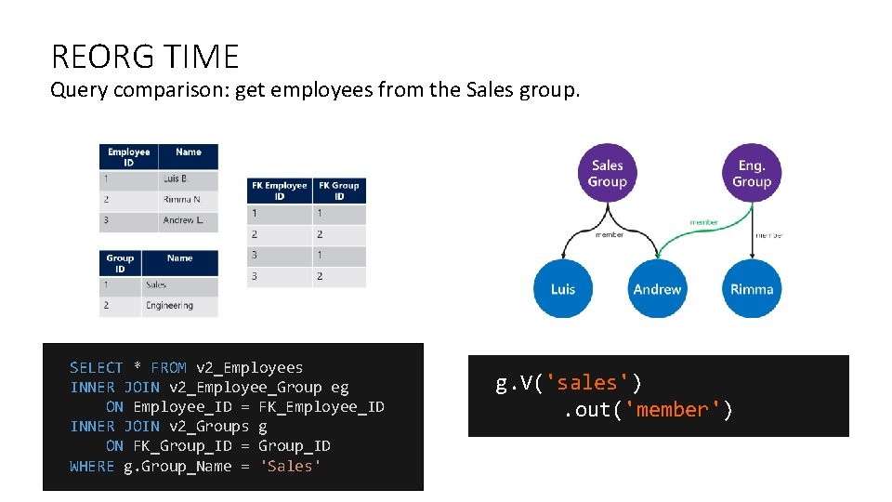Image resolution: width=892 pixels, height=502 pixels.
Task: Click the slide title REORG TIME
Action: click(x=145, y=57)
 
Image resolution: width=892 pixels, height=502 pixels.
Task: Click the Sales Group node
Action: click(x=607, y=174)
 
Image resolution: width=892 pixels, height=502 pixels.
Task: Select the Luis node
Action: click(x=562, y=289)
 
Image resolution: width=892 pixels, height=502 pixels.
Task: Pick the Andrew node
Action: click(x=657, y=289)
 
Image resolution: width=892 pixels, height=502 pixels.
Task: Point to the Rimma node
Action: click(x=751, y=289)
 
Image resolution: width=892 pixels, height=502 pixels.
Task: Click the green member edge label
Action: click(x=703, y=222)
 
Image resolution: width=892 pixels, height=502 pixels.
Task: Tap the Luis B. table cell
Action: click(x=176, y=178)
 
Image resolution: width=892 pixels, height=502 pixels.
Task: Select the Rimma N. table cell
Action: click(x=182, y=199)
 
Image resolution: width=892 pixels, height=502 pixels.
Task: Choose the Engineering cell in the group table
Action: click(x=169, y=305)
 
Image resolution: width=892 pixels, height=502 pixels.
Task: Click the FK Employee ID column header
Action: click(x=280, y=191)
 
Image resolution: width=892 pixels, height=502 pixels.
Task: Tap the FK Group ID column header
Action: click(x=339, y=191)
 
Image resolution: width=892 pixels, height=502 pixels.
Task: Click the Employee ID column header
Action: click(x=128, y=156)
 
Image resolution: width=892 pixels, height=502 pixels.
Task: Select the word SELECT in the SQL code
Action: click(x=96, y=368)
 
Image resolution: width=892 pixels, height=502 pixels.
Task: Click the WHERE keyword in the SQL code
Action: click(x=92, y=466)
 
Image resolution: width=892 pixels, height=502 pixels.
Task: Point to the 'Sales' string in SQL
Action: click(x=290, y=466)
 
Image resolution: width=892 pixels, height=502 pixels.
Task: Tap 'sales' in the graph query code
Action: click(x=591, y=383)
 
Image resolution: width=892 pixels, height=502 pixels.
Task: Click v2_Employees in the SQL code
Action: click(x=249, y=368)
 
